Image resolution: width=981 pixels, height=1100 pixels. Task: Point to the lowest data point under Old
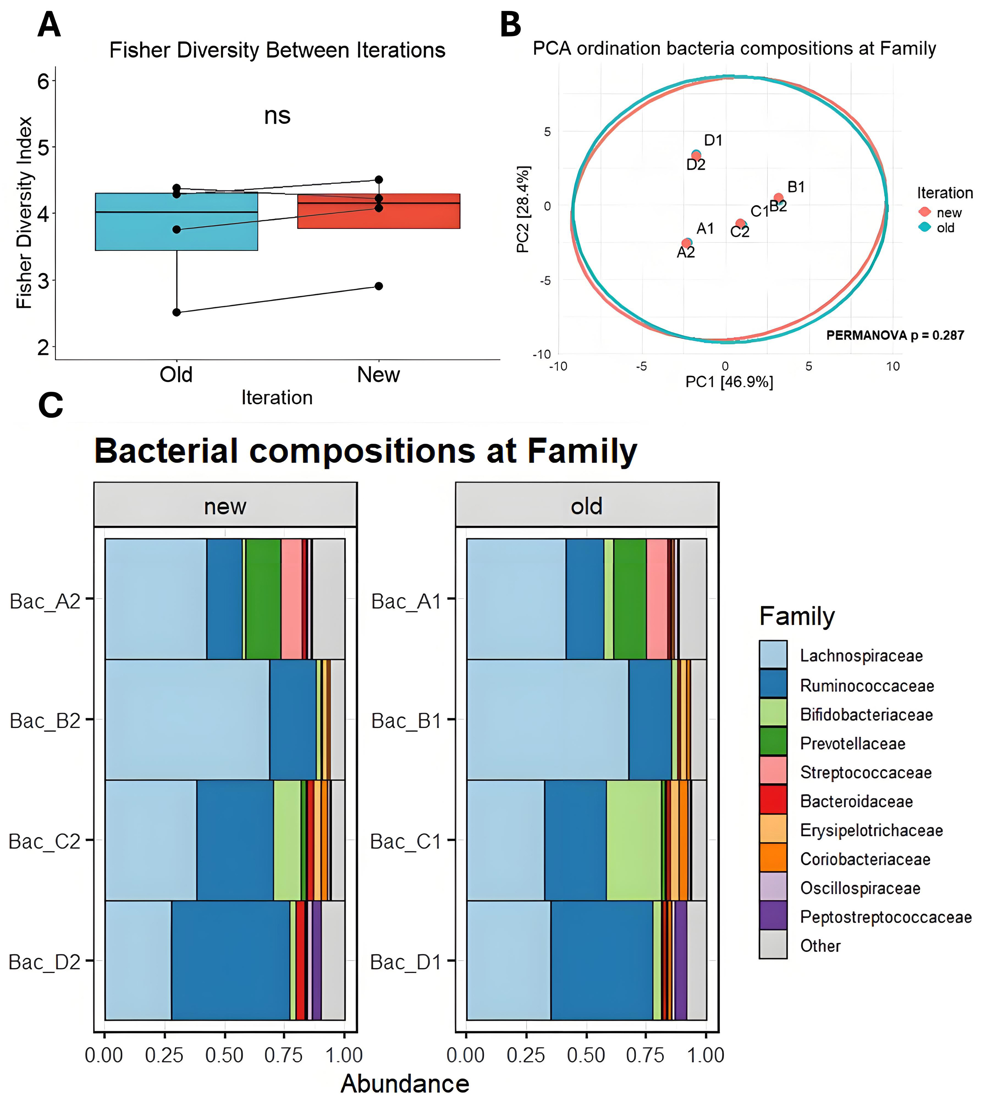tap(176, 312)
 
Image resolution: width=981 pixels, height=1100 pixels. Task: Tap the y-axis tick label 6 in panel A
tap(43, 81)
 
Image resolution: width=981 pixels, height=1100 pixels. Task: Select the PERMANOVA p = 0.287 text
tap(895, 335)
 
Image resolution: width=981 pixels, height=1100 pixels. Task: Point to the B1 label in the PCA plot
tap(796, 187)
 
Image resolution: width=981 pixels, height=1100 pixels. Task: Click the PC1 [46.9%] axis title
tap(729, 382)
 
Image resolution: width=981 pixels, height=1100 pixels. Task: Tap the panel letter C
tap(51, 405)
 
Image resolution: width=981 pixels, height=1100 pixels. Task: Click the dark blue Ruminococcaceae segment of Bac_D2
tap(231, 960)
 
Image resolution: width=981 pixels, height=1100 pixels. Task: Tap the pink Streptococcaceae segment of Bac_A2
tap(291, 598)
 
